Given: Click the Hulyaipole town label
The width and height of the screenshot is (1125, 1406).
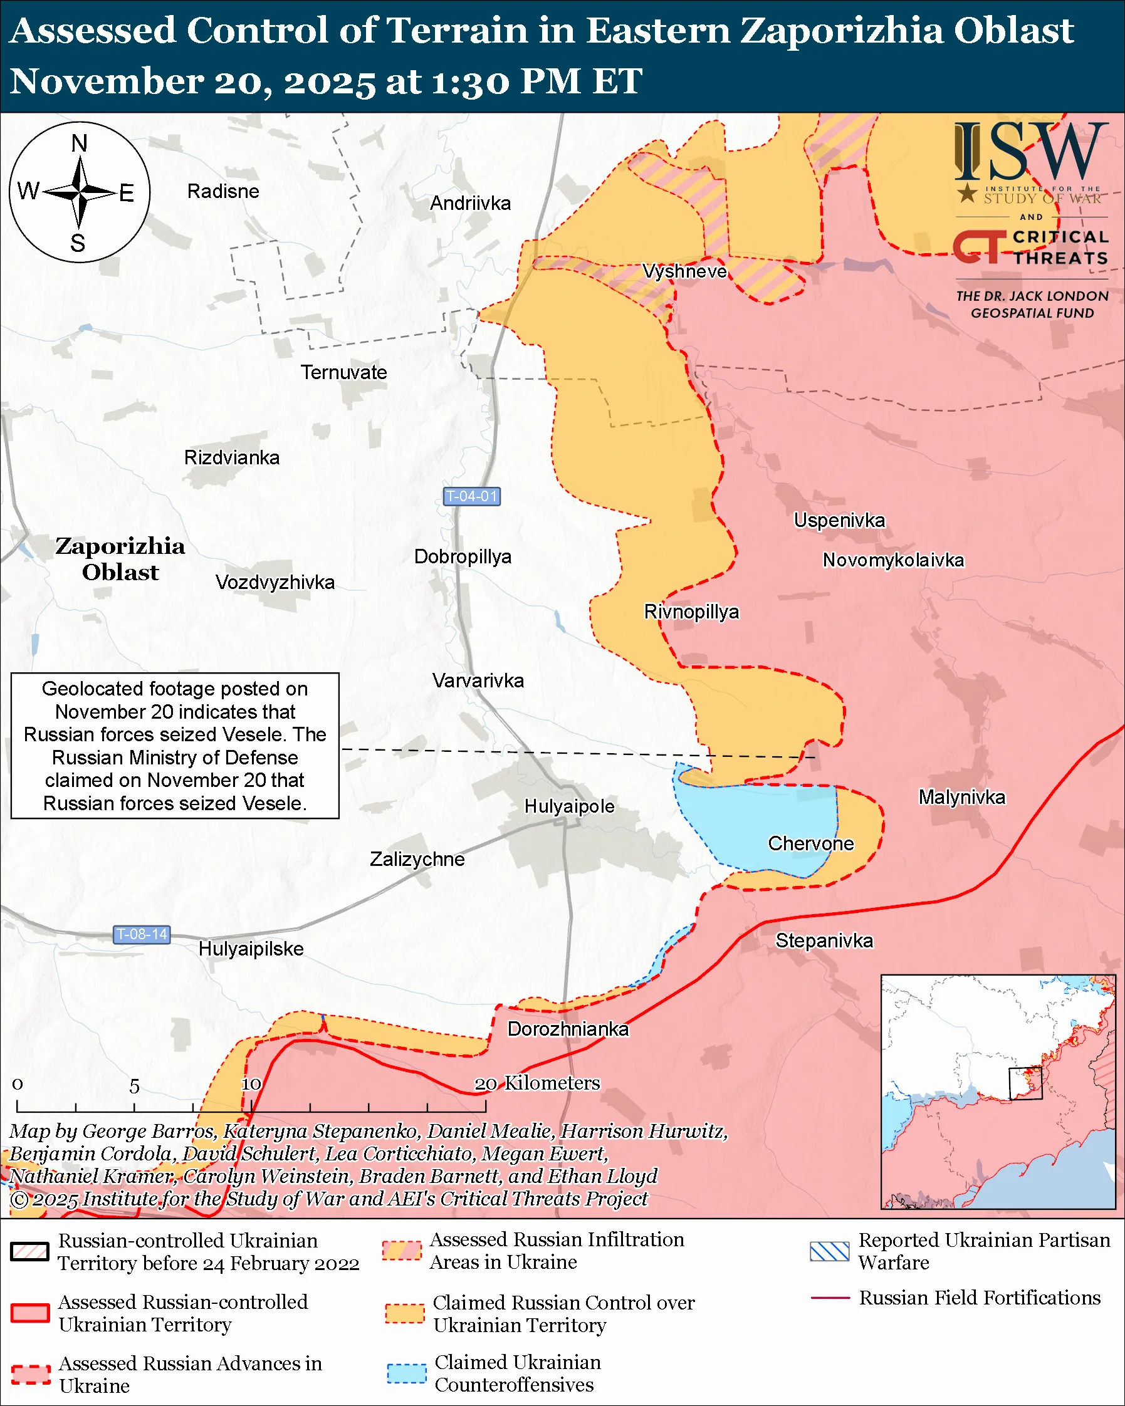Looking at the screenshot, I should pos(569,806).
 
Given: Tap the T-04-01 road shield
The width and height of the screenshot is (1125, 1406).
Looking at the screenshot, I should pos(471,496).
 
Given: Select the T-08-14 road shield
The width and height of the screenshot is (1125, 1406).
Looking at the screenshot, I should pos(142,934).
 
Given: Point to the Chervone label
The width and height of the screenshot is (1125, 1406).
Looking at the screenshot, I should pos(810,843).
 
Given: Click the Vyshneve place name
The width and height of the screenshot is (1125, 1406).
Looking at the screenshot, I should pos(684,271).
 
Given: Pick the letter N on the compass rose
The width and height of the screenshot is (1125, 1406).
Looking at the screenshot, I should pos(79,143).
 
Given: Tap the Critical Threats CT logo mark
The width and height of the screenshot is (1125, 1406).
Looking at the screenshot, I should pos(978,246).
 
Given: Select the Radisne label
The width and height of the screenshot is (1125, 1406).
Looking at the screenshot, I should pos(223,191).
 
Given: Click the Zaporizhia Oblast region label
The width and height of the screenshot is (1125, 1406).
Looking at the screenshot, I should pos(120,559).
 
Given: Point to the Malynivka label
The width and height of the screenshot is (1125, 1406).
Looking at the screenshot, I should pos(961,797).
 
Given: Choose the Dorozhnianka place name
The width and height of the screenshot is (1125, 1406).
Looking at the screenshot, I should pos(568,1029).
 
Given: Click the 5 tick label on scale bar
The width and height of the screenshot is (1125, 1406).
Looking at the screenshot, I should pos(134,1086).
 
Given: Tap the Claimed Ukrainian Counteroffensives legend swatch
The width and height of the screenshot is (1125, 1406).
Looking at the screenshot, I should pos(406,1373).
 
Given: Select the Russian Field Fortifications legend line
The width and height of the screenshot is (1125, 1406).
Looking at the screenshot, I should pos(830,1298).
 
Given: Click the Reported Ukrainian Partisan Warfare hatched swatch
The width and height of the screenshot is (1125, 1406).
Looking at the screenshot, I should pos(829,1251).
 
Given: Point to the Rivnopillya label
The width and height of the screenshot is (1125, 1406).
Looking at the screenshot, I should pos(691,612).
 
